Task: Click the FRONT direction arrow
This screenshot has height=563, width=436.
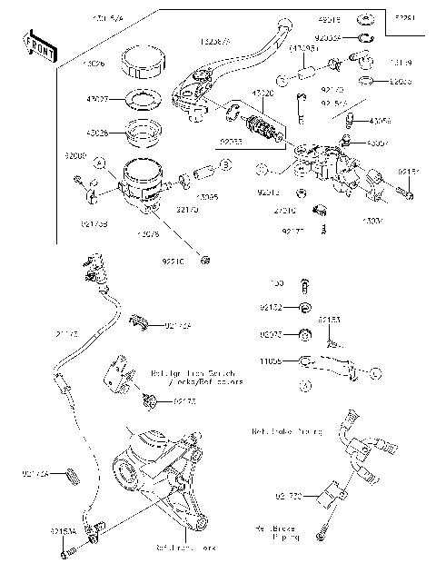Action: point(38,47)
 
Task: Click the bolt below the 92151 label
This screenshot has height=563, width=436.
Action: point(403,193)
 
